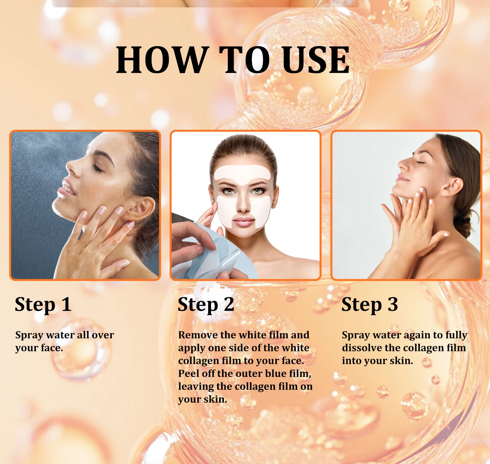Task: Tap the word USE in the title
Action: pos(316,60)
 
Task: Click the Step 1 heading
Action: pos(43,305)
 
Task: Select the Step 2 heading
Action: pos(206,305)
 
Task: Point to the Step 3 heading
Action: pos(369,305)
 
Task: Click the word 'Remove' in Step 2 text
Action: pos(198,335)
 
